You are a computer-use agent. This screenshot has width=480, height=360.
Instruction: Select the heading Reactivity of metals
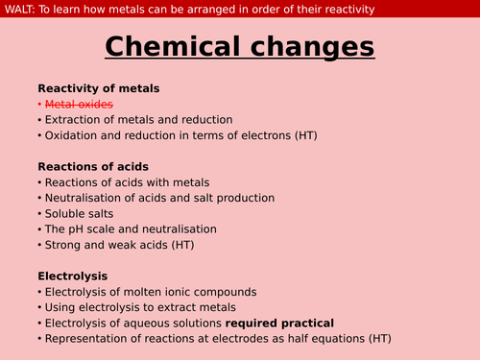99,88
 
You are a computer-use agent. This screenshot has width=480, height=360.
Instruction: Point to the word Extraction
75,119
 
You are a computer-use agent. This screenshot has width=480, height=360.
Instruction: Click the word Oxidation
73,135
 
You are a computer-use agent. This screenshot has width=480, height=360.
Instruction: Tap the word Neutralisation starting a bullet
87,198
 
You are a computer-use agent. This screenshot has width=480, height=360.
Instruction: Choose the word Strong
63,245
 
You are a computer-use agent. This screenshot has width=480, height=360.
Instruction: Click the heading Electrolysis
73,276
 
